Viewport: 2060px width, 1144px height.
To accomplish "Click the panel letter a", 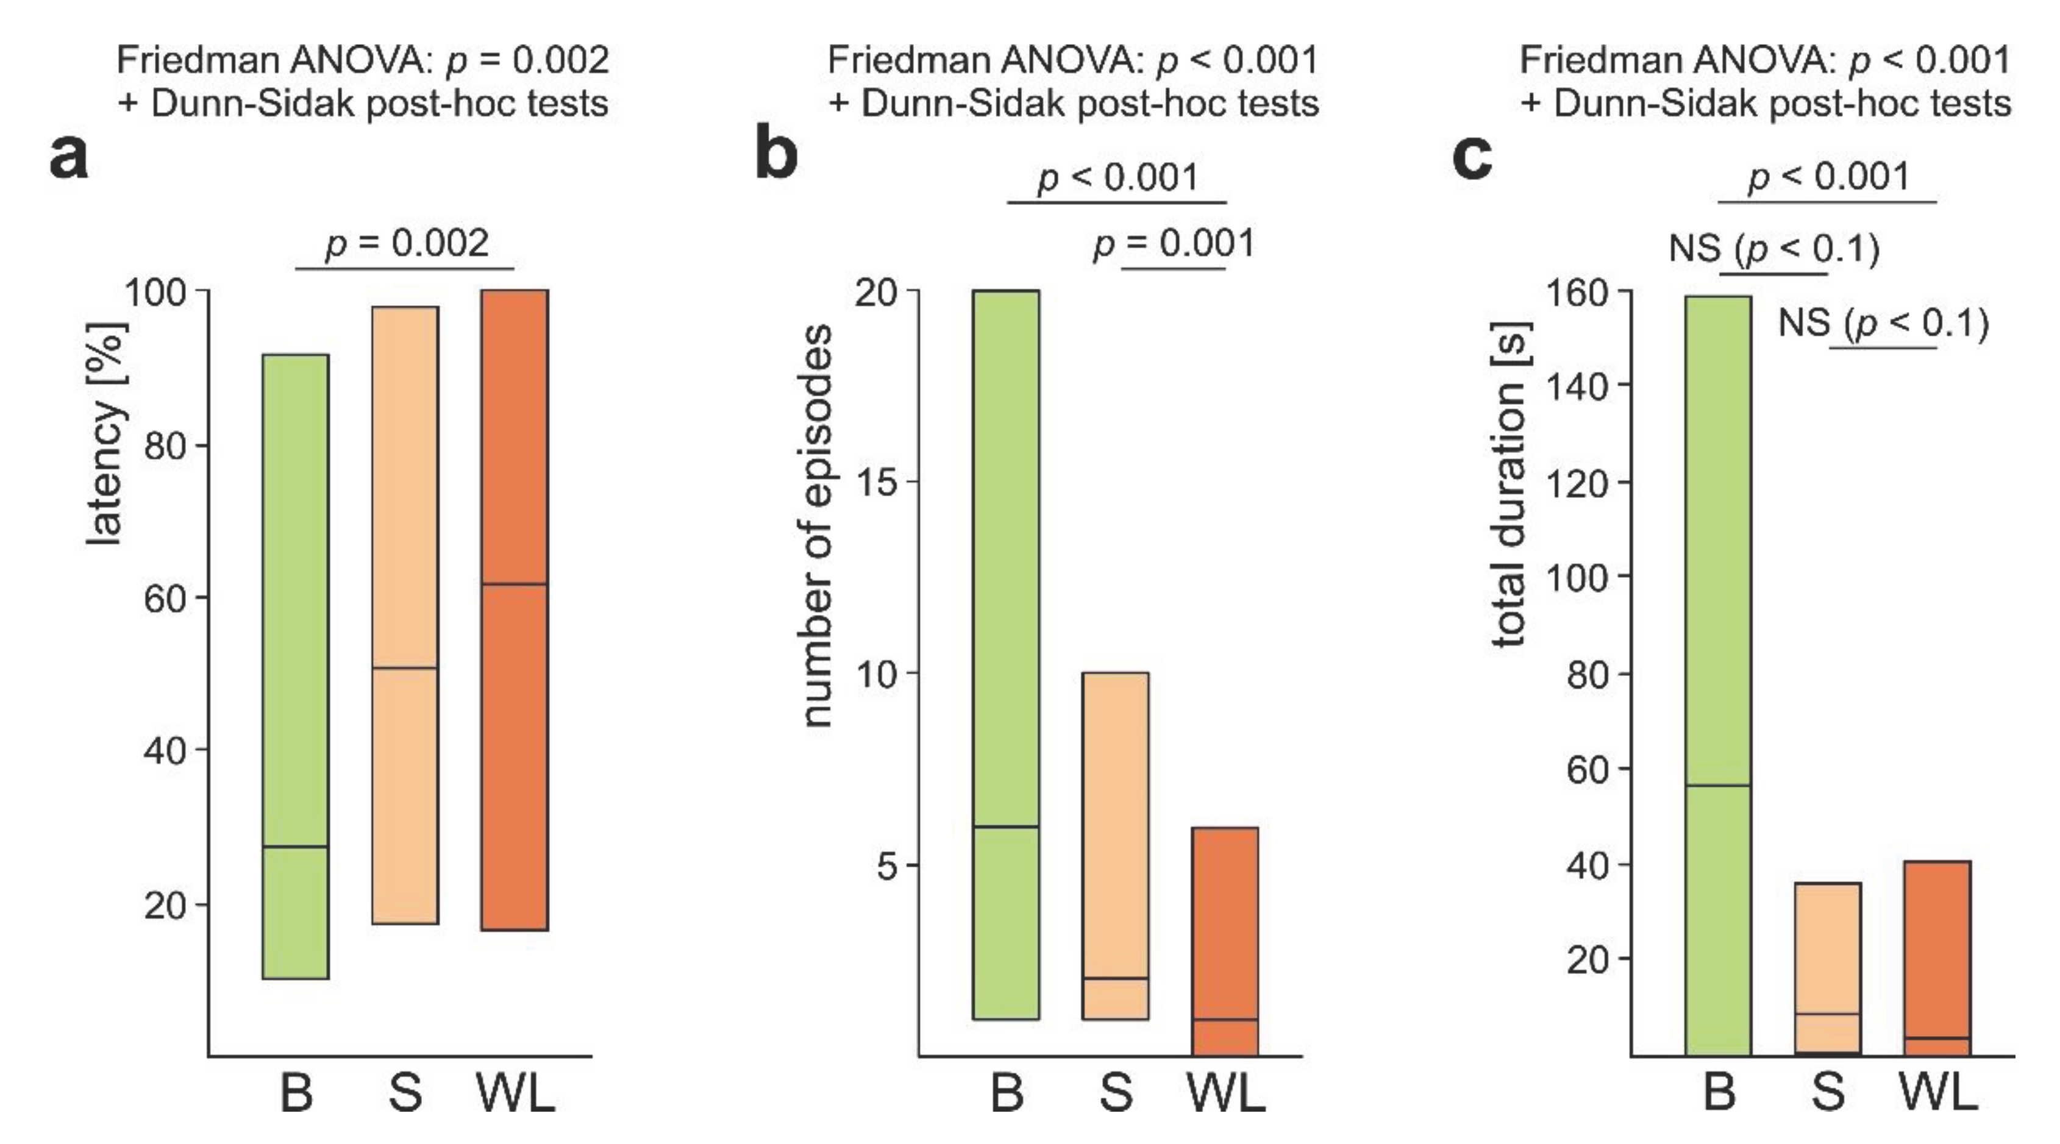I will [69, 157].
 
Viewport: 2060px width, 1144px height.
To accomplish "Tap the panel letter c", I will [1472, 157].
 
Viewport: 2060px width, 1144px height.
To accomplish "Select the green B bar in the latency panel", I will [295, 666].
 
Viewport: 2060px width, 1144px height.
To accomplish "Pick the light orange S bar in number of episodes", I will [1116, 845].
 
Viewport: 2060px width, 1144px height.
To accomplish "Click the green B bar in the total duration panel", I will [1718, 675].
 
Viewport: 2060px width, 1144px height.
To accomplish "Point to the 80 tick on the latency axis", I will [166, 446].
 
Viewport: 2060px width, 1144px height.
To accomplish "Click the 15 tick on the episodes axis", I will [877, 482].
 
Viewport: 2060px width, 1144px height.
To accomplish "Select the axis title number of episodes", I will [818, 525].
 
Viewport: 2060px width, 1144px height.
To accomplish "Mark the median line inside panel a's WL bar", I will [514, 584].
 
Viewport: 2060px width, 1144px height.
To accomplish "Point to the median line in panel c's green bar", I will [1718, 786].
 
